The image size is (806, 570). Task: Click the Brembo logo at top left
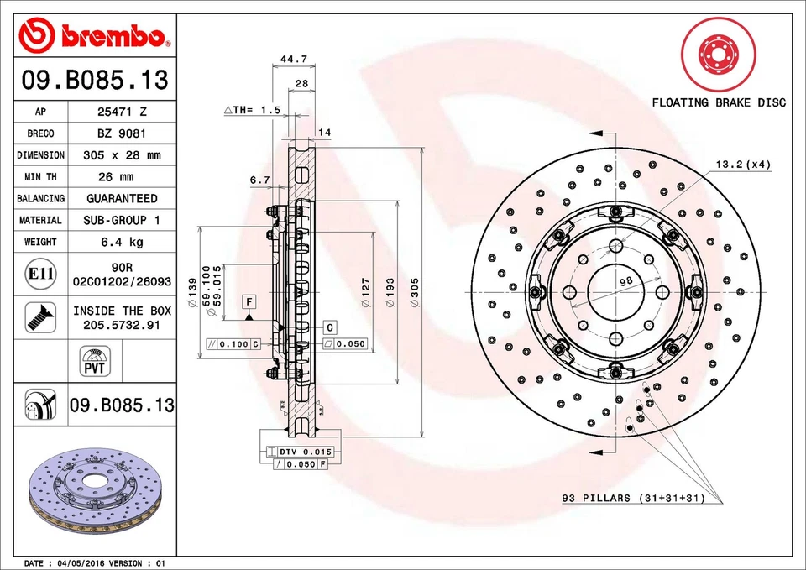(94, 34)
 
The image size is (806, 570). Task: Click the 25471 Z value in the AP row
(123, 111)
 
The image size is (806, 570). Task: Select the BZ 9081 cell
(123, 133)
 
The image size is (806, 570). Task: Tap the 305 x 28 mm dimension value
(123, 155)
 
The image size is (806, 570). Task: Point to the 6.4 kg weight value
(123, 242)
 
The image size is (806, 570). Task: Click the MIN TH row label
(40, 177)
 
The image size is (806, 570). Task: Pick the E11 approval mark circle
(40, 274)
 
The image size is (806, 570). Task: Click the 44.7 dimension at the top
(292, 59)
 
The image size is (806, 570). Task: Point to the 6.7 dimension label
(259, 180)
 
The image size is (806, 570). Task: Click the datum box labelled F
(249, 300)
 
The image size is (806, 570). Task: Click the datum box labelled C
(330, 326)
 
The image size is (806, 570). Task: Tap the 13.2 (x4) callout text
(742, 164)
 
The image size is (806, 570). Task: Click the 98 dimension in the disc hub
(625, 282)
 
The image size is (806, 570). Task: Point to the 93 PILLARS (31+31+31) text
(644, 498)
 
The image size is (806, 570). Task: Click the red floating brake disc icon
(719, 55)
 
